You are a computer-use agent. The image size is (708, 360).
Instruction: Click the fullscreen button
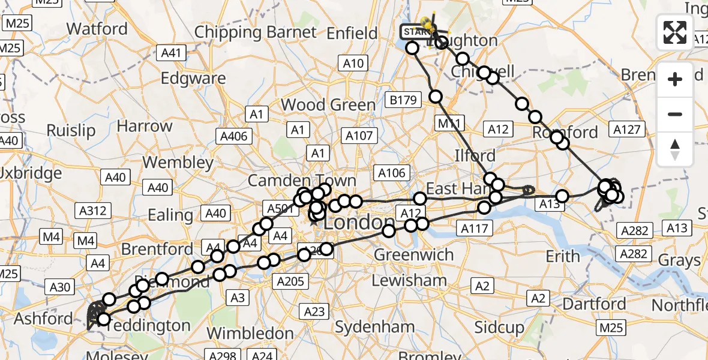point(675,32)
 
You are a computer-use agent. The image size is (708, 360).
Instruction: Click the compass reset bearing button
point(675,149)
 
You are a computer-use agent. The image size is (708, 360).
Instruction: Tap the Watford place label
point(97,29)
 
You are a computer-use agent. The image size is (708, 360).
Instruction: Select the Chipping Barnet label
point(255,32)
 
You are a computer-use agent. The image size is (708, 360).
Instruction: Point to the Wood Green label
point(328,105)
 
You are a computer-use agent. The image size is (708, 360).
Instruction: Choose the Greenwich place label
point(414,254)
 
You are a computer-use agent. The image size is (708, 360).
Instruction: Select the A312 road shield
point(93,211)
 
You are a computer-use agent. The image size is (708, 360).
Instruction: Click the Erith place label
point(562,256)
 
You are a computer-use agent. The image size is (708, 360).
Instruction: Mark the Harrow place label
point(145,126)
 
